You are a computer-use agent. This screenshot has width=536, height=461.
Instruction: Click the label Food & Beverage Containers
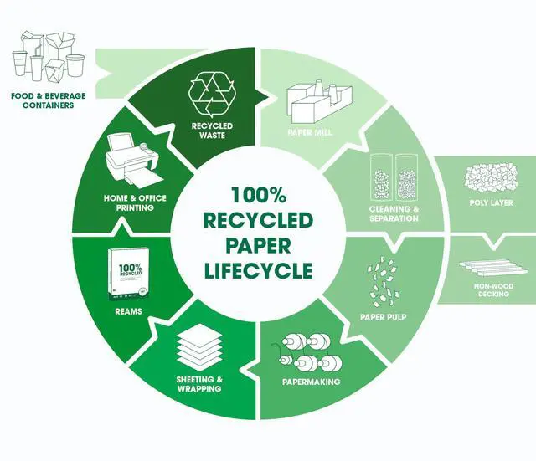pyautogui.click(x=48, y=101)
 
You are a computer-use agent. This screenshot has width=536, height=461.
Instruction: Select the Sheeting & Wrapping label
pyautogui.click(x=199, y=383)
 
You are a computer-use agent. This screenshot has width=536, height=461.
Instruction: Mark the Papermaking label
pyautogui.click(x=311, y=382)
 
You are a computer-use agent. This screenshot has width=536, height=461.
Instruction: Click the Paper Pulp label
pyautogui.click(x=383, y=317)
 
